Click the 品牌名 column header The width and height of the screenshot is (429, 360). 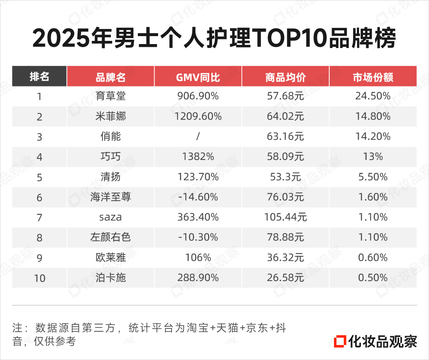pos(110,77)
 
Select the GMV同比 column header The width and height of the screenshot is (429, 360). pos(198,77)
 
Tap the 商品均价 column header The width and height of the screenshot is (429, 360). pos(285,77)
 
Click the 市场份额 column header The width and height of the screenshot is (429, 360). pos(373,77)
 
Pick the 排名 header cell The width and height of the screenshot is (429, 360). pos(39,77)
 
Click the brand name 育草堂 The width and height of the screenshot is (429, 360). pos(110,96)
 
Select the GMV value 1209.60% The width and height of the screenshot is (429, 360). pos(198,117)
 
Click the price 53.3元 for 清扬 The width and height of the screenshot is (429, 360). pos(285,177)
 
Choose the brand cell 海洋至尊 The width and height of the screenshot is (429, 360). pos(110,197)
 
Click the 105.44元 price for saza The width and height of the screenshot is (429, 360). pos(285,218)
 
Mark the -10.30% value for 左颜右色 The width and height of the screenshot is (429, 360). pos(198,238)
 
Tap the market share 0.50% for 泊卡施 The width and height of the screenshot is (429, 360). pos(373,278)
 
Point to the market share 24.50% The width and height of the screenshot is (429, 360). pos(373,96)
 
